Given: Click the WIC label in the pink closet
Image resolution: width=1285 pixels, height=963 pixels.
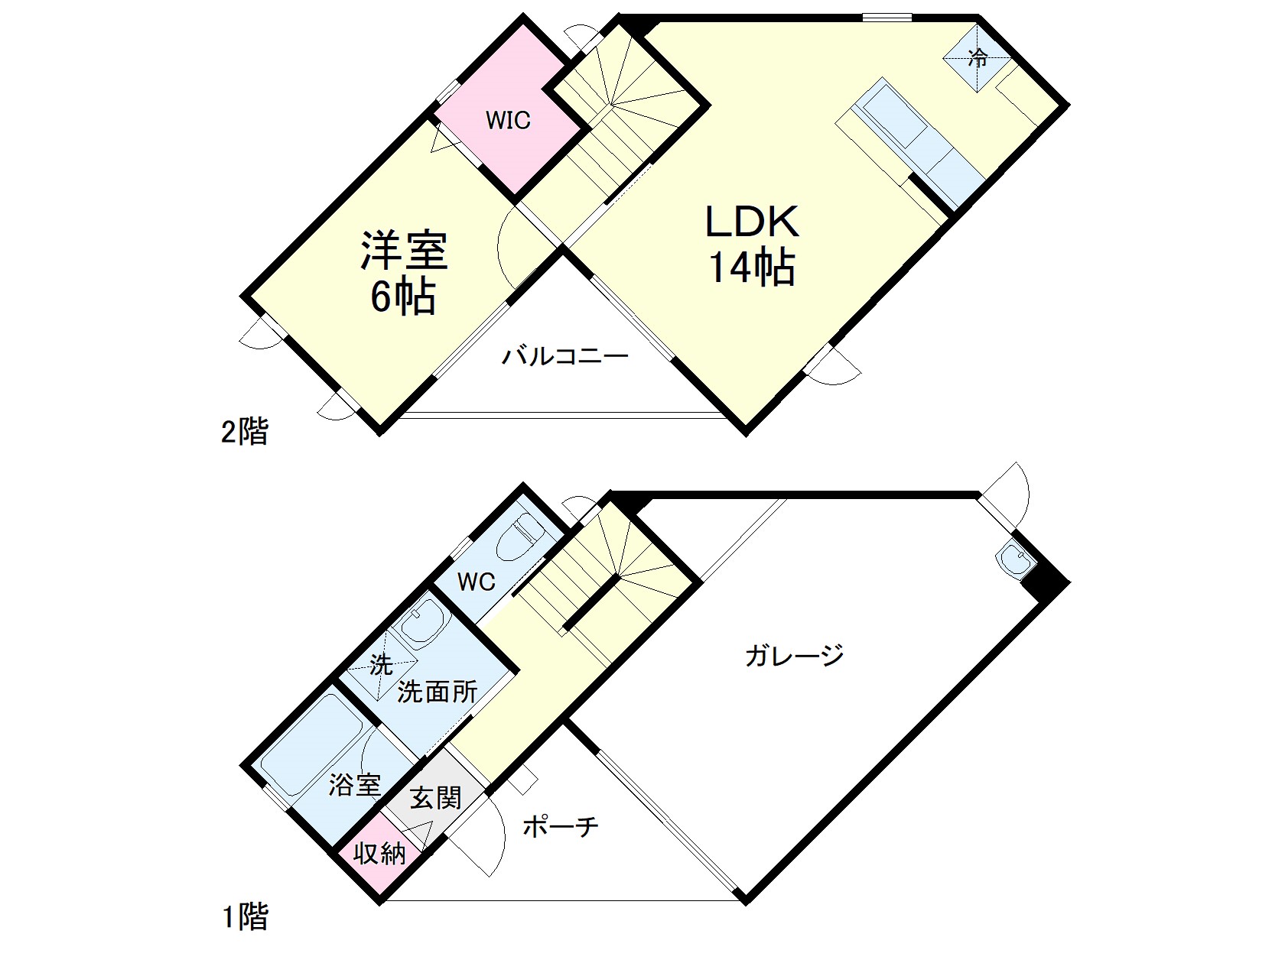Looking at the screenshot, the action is pos(508,121).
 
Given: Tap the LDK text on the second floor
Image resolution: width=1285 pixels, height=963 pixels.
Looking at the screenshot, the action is pos(752,222).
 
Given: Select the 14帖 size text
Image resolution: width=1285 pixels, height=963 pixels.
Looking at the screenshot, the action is pos(752,267).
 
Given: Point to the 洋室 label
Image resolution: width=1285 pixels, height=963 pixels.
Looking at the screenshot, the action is pos(404,250).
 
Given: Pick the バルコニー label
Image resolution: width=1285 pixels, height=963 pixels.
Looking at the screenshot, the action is pos(565,356).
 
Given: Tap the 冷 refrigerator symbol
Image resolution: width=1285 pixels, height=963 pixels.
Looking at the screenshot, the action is pos(977,58).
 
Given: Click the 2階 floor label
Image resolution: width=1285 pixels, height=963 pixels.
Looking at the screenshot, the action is pos(245,432).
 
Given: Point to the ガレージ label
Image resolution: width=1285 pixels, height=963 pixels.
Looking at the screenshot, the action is pos(795,655).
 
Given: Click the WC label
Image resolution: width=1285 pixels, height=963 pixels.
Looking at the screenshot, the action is pos(476,582).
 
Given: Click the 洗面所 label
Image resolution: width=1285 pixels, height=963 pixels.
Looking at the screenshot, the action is pos(438,692).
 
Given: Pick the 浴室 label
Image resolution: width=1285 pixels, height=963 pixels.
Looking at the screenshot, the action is pos(355,784).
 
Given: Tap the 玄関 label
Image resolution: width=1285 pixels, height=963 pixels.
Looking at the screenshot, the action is pos(435,798).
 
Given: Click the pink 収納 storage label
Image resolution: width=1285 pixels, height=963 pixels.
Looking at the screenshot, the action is pos(379,854).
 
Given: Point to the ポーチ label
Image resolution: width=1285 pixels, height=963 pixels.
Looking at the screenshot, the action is pos(560,827).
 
